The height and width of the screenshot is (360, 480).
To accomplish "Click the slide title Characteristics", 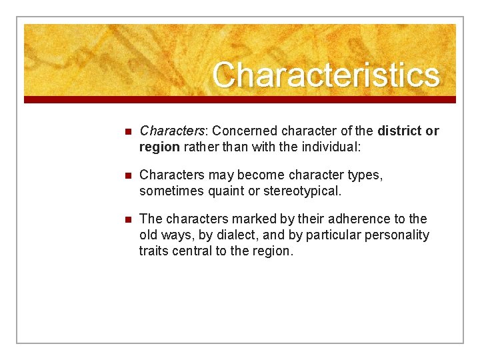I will (x=326, y=75).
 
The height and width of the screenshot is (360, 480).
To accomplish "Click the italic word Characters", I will (x=167, y=131).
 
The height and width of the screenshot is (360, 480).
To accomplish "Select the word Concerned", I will (x=241, y=131).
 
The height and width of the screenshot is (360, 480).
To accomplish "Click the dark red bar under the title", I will (x=240, y=99).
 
